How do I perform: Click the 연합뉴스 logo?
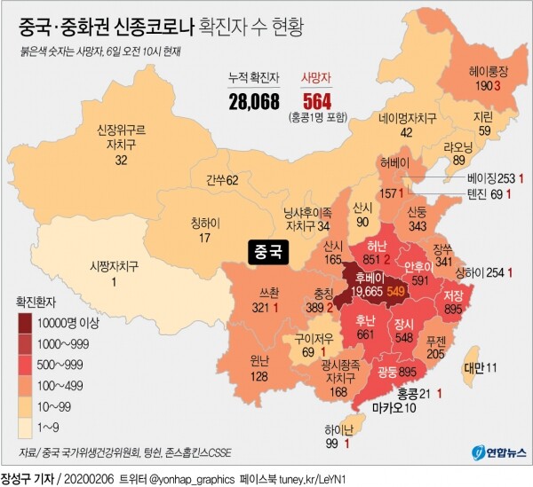point(498,452)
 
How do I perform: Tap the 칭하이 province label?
point(205,223)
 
